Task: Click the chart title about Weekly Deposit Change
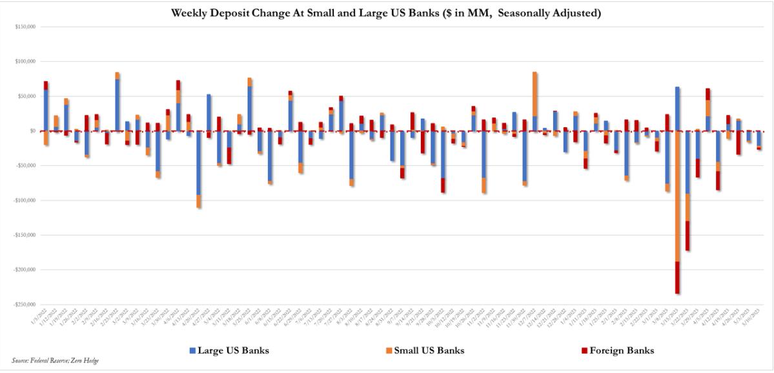(385, 14)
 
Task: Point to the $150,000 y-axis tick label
(26, 27)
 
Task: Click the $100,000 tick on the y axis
(26, 61)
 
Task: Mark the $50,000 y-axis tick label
(27, 96)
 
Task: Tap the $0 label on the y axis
(32, 131)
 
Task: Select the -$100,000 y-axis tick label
(25, 200)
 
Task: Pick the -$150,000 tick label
(25, 235)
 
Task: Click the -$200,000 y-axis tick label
(25, 270)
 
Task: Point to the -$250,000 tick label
(25, 304)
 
